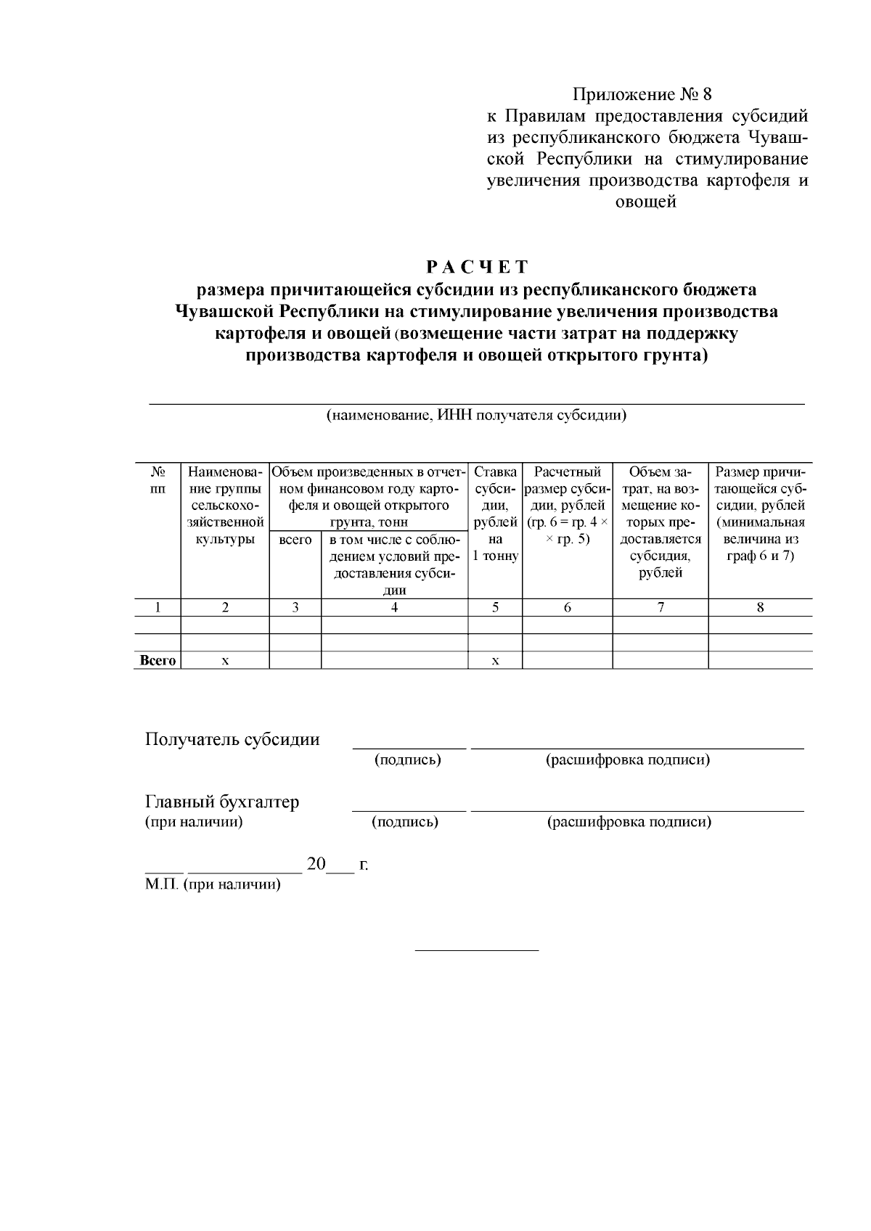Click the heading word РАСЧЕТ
pyautogui.click(x=477, y=267)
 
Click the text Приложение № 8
pyautogui.click(x=643, y=94)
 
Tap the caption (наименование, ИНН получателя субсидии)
pyautogui.click(x=476, y=416)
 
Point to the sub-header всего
pyautogui.click(x=295, y=540)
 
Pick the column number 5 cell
pyautogui.click(x=495, y=608)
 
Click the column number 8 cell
pyautogui.click(x=760, y=608)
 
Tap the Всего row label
pyautogui.click(x=158, y=660)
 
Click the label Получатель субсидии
pyautogui.click(x=232, y=739)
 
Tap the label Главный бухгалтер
pyautogui.click(x=222, y=802)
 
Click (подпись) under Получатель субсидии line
pyautogui.click(x=408, y=759)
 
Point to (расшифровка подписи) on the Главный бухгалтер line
pyautogui.click(x=629, y=822)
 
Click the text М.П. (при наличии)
pyautogui.click(x=213, y=885)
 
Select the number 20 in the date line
pyautogui.click(x=316, y=864)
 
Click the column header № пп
pyautogui.click(x=157, y=480)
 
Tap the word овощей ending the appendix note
pyautogui.click(x=646, y=202)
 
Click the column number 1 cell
pyautogui.click(x=157, y=608)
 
